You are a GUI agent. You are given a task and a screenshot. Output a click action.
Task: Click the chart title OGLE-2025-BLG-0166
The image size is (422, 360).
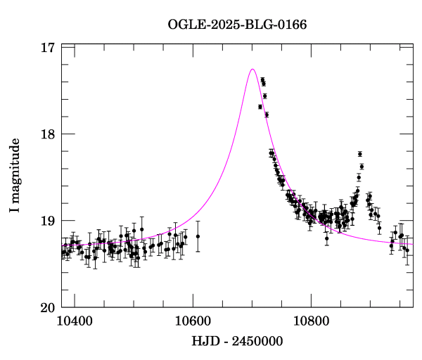[x=238, y=25]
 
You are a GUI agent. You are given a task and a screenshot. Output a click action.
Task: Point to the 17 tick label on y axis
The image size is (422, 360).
[x=48, y=48]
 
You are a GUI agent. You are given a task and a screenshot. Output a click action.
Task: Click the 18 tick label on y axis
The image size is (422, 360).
[x=48, y=134]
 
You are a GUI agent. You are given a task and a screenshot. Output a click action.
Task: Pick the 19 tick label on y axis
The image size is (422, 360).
[x=48, y=221]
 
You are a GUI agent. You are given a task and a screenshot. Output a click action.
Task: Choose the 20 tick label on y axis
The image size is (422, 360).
[x=48, y=307]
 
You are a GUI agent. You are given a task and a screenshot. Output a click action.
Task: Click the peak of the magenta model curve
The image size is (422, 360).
[x=252, y=69]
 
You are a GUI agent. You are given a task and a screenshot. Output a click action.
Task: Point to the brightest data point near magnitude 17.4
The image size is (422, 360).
[x=262, y=80]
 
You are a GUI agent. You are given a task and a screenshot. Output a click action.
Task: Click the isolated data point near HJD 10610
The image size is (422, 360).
[x=198, y=236]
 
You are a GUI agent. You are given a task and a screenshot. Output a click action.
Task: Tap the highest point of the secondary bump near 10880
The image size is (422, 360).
[x=359, y=154]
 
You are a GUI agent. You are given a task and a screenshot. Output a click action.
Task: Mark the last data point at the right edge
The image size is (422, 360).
[x=407, y=250]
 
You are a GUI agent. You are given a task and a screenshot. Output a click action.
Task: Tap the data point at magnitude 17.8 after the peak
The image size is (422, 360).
[x=267, y=115]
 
